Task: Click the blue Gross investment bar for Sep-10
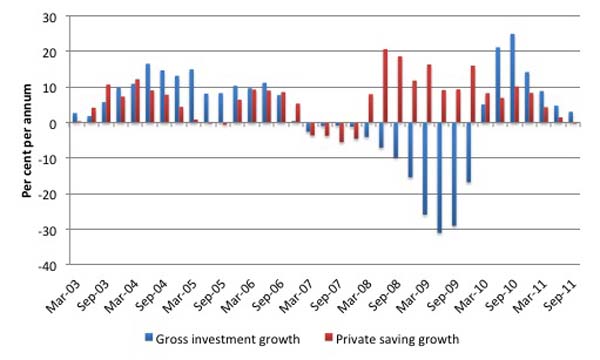512,78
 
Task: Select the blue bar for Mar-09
425,169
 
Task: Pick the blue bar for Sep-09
454,174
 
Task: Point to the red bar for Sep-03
108,104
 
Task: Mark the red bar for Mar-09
429,94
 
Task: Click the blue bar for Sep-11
571,117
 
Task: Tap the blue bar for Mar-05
191,96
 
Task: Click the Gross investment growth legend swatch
148,337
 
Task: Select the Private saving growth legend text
397,339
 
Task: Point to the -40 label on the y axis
47,266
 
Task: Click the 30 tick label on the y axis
50,18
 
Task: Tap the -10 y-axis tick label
47,158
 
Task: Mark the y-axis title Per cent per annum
26,141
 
